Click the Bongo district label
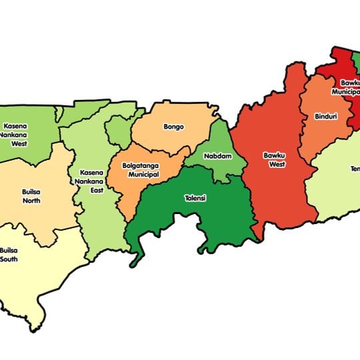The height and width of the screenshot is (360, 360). click(173, 127)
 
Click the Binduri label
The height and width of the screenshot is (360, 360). click(325, 117)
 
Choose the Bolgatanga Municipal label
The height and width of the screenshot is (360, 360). click(141, 169)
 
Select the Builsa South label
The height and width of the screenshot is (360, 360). click(8, 254)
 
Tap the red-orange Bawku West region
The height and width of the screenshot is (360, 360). click(273, 193)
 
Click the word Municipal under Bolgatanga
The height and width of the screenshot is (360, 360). click(143, 174)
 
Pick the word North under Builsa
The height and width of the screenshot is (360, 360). click(31, 201)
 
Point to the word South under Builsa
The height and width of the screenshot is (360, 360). click(8, 259)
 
